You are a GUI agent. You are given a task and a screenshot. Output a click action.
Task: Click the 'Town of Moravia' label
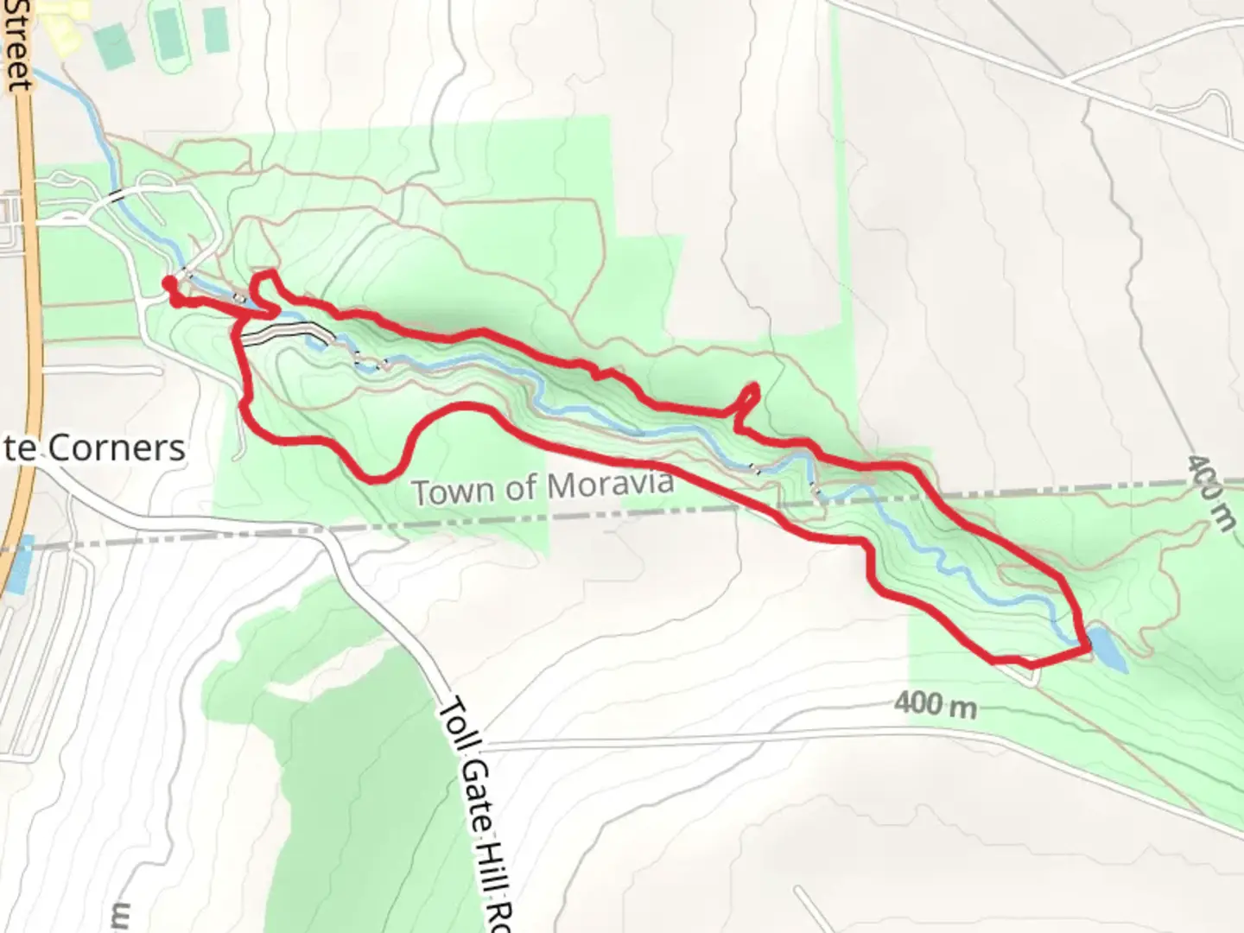543,487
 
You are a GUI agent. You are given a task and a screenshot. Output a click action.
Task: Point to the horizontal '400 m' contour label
935,705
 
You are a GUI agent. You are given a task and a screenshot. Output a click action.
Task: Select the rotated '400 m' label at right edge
1209,493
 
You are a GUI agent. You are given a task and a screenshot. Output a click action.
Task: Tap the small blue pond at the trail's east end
1107,650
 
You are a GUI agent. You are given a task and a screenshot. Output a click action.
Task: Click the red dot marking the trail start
168,282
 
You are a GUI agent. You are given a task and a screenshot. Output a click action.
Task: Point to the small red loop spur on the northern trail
749,402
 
